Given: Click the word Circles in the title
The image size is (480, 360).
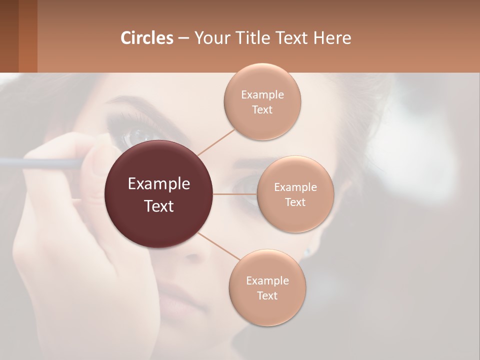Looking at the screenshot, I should tap(147, 38).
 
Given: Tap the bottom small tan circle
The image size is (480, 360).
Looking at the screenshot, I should tap(267, 310).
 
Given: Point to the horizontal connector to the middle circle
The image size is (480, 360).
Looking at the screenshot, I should tap(235, 194).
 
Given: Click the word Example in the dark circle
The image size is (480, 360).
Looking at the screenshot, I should tap(159, 184).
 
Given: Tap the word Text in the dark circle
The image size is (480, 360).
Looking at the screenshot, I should tap(159, 206).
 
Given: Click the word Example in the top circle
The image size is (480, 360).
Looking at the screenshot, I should tap(262, 95).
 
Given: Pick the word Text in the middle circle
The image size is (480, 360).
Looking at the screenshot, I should tap(295, 202).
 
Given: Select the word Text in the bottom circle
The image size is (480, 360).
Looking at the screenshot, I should tap(267, 295).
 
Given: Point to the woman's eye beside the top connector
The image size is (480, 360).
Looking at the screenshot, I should tap(137, 134).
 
